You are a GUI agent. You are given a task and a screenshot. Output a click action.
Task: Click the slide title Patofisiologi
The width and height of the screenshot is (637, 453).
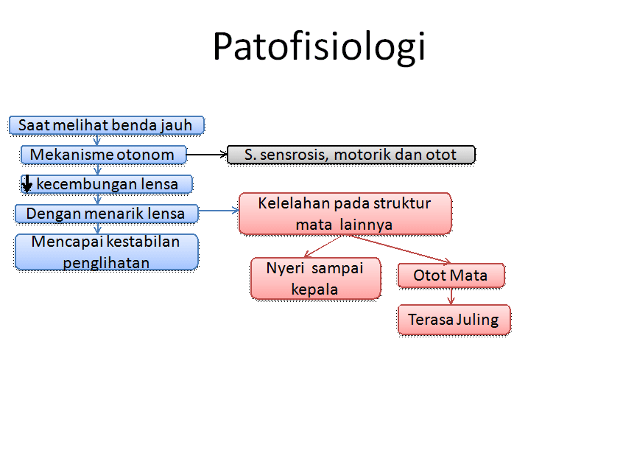point(318,47)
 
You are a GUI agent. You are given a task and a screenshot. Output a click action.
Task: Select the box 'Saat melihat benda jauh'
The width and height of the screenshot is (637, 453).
point(106,125)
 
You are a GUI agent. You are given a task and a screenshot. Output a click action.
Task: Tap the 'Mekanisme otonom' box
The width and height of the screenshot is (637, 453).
point(102,155)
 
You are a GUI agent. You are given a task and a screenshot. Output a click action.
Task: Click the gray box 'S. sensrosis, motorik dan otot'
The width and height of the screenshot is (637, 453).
point(351,155)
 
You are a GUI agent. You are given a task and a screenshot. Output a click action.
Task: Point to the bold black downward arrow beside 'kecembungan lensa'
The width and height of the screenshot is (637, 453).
point(27,183)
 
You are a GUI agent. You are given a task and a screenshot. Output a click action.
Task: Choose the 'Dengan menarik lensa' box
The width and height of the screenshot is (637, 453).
point(107,214)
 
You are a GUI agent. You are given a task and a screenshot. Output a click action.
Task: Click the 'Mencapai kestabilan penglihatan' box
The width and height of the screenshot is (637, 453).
point(106,252)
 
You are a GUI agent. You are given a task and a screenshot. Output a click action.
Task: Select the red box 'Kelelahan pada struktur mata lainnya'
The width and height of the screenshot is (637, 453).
point(345,214)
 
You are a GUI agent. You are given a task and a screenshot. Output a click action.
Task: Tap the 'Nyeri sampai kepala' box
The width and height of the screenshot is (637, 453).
point(315,278)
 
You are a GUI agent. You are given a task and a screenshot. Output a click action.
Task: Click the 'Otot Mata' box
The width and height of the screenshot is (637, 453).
point(451,275)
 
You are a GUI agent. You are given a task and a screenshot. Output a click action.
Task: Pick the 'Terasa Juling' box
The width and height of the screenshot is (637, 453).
point(454,320)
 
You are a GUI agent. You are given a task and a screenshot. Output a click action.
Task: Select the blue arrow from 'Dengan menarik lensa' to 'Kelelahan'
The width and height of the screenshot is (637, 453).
point(219,211)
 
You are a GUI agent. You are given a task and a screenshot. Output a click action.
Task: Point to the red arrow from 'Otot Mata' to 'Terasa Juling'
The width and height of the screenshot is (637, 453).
point(451,296)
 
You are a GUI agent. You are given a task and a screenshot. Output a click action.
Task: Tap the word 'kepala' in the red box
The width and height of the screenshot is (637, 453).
point(315,289)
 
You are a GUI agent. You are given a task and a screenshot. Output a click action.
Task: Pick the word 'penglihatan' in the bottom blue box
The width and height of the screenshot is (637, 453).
point(106,262)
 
